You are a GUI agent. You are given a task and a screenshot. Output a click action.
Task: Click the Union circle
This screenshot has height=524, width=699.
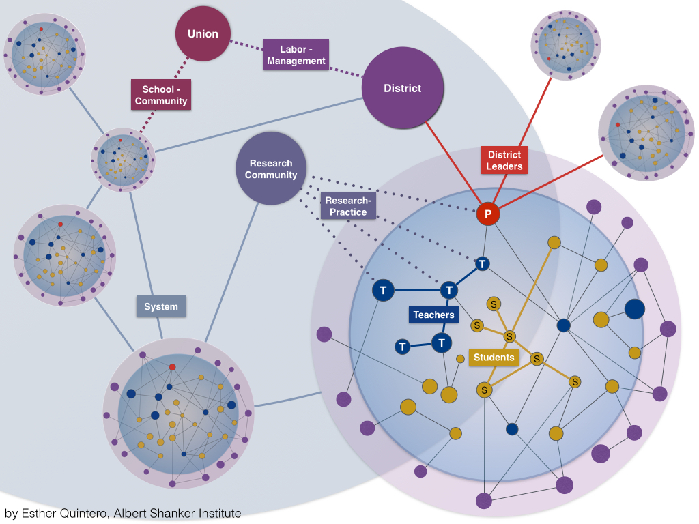click(203, 33)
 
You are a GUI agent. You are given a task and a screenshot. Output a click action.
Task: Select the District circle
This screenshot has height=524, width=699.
click(403, 88)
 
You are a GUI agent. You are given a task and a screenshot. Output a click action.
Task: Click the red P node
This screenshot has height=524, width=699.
click(488, 214)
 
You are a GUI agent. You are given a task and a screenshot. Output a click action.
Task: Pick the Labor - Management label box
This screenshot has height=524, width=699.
click(296, 55)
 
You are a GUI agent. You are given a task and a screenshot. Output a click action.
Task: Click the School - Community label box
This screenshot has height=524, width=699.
click(160, 95)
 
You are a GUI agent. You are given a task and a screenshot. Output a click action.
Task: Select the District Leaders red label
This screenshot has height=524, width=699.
click(504, 160)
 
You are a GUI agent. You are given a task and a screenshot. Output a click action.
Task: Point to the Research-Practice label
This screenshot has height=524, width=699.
click(347, 206)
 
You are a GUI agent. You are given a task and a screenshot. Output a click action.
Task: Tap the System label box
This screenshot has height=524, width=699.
click(161, 306)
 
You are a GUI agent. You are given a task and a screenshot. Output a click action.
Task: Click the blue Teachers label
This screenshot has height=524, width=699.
click(433, 315)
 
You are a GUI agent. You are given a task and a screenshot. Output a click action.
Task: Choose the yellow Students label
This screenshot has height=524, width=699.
click(494, 357)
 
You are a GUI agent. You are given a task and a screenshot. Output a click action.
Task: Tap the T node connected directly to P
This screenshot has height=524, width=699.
click(483, 263)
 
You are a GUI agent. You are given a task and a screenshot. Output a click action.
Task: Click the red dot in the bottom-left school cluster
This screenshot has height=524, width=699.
click(172, 367)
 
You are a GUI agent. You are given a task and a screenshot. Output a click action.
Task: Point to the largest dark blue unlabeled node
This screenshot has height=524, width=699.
click(635, 308)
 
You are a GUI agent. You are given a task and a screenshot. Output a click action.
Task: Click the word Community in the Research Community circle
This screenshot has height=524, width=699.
click(271, 175)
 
